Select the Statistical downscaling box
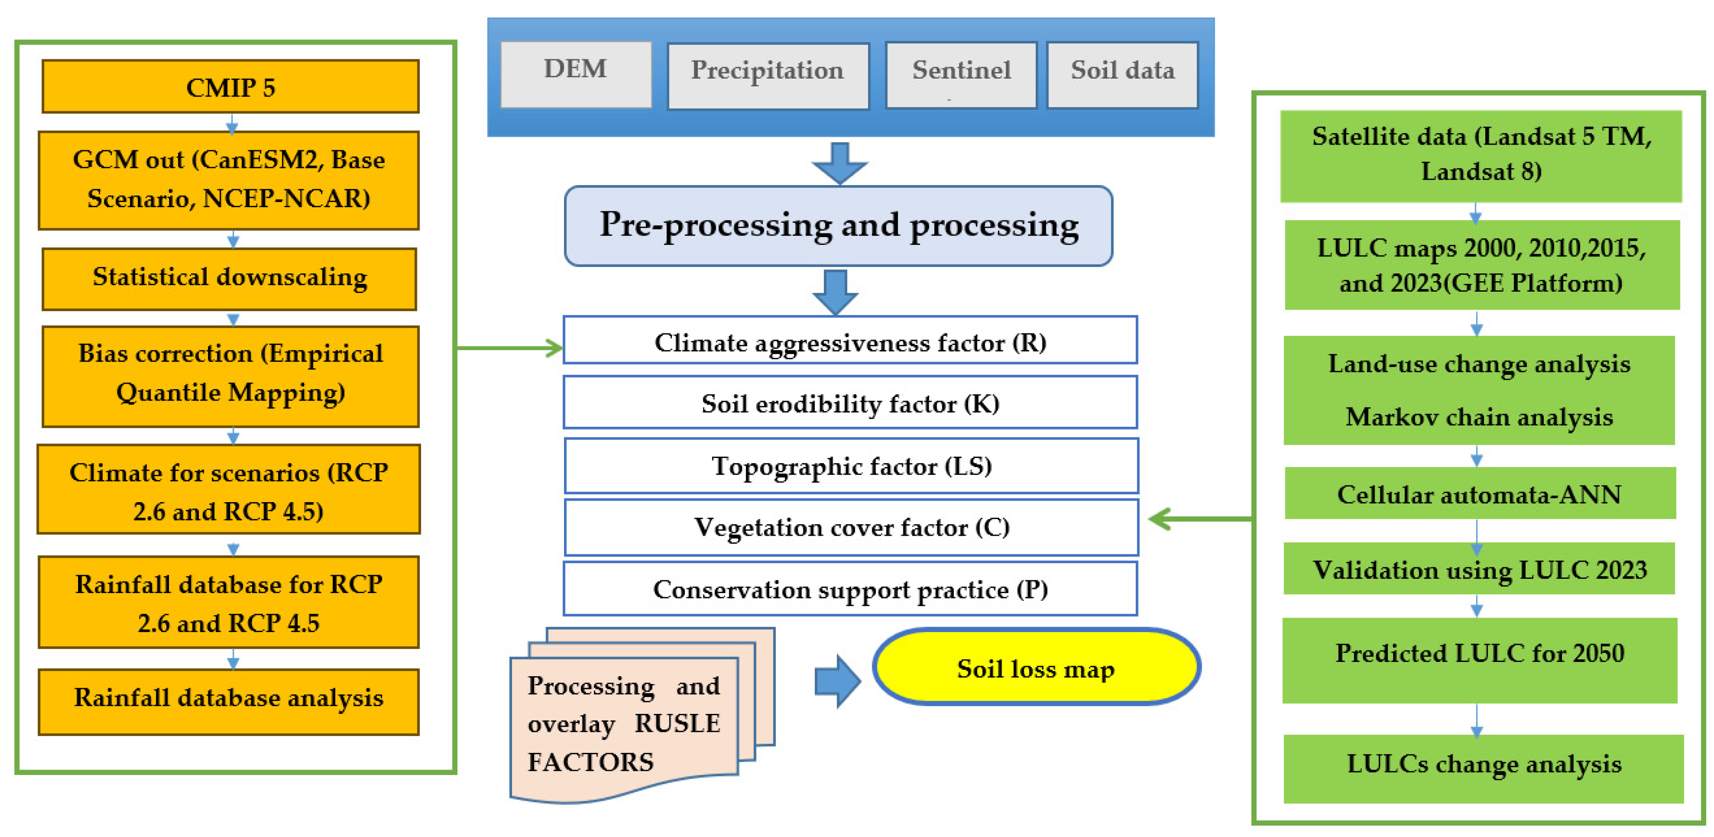point(230,278)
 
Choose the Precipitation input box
point(768,75)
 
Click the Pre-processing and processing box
point(838,226)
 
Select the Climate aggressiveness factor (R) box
point(851,341)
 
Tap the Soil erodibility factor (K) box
point(851,402)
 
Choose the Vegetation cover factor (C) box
point(851,527)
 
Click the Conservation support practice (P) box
point(851,589)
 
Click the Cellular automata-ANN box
point(1479,494)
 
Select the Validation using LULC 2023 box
point(1479,569)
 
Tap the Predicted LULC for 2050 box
point(1480,659)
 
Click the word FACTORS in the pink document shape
point(590,762)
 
